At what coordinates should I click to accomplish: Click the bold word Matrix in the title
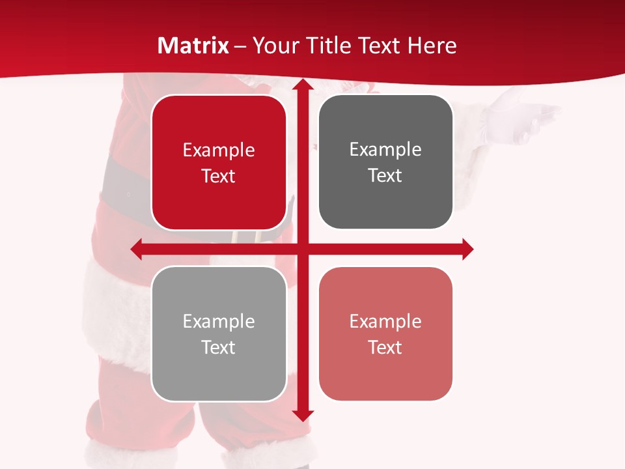coord(193,46)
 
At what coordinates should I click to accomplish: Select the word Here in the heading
coord(432,46)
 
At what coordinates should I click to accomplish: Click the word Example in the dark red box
coord(219,150)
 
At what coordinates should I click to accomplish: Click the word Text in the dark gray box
coord(385,176)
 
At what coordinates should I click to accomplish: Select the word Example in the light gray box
coord(219,321)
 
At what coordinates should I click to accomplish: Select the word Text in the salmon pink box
coord(385,347)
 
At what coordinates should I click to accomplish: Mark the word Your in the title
coord(273,46)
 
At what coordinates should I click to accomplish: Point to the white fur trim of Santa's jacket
coord(117,313)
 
